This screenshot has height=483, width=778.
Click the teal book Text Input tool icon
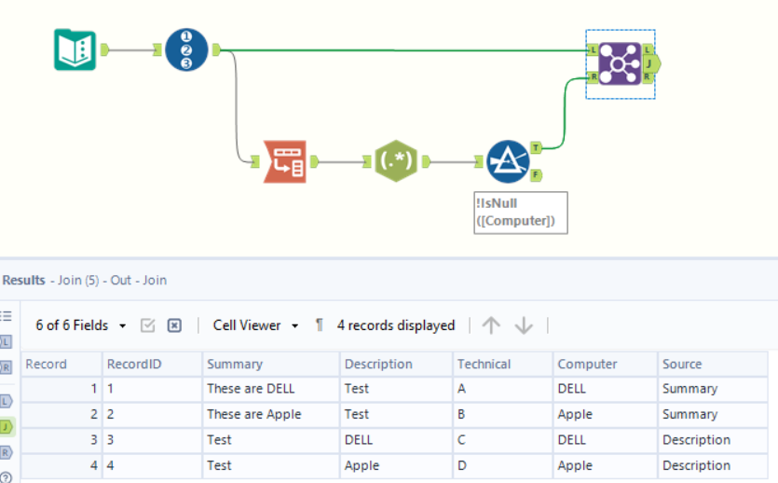click(75, 49)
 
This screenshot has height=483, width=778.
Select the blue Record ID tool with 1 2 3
click(186, 49)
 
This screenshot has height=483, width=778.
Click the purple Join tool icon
click(620, 63)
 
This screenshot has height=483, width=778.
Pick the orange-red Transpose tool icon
click(284, 161)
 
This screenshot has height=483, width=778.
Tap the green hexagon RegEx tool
click(396, 161)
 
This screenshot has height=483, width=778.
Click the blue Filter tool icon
click(508, 161)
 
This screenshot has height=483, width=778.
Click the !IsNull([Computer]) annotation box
click(520, 213)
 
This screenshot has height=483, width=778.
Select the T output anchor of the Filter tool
click(537, 147)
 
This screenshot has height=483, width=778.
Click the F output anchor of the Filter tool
click(537, 174)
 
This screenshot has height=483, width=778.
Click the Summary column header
click(235, 364)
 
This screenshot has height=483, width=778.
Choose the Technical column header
click(484, 364)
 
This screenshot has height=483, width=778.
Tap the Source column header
click(682, 364)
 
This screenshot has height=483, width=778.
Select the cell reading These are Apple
click(253, 414)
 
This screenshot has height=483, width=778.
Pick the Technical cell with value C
click(462, 440)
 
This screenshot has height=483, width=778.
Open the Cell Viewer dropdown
click(255, 325)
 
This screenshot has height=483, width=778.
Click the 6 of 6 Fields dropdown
click(81, 325)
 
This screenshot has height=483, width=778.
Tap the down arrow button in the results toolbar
click(524, 325)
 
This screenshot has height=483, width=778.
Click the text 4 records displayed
click(396, 325)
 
